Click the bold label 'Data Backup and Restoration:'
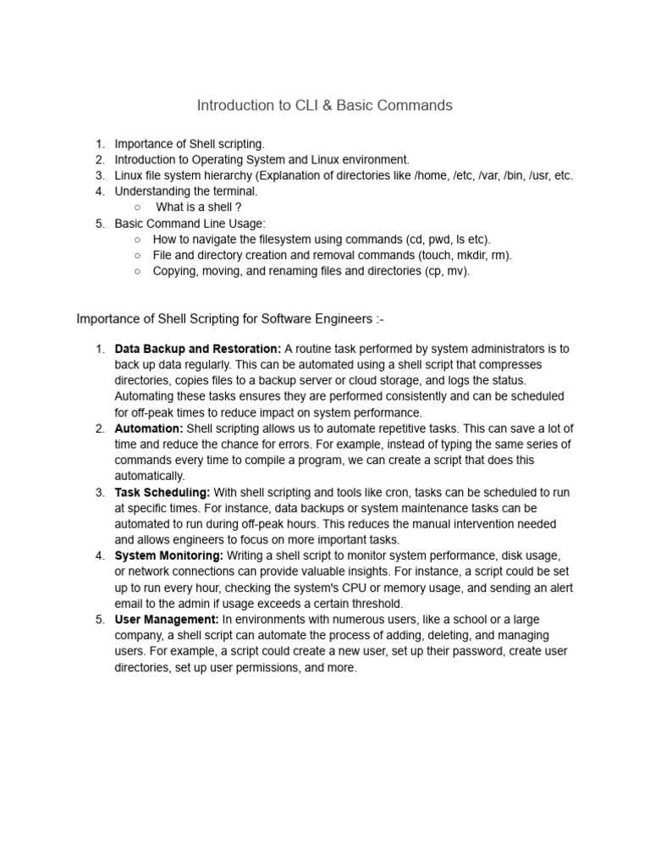click(198, 349)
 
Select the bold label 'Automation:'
click(149, 428)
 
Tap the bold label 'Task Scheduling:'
click(162, 492)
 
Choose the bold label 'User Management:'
click(167, 620)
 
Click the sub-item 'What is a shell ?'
click(199, 207)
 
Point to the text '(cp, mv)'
click(446, 271)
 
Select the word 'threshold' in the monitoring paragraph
click(376, 604)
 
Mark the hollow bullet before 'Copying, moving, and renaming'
click(137, 271)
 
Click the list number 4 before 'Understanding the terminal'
click(100, 191)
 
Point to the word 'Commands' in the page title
click(415, 106)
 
